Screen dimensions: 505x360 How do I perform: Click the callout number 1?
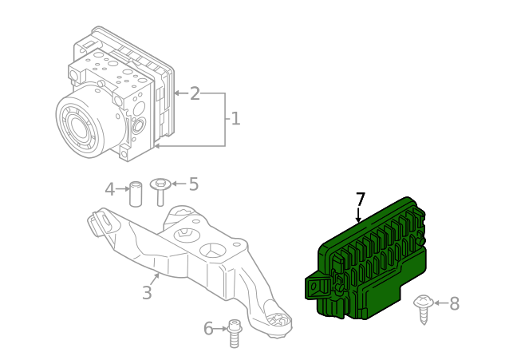(x=236, y=119)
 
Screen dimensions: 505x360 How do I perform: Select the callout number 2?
(x=195, y=93)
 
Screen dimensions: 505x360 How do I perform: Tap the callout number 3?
(x=147, y=293)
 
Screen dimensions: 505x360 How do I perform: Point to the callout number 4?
(x=110, y=189)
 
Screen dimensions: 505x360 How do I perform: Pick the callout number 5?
(x=194, y=184)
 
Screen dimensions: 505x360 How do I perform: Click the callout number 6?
(x=208, y=329)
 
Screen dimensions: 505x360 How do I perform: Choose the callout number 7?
(x=361, y=199)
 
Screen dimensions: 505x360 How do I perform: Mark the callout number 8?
(x=454, y=303)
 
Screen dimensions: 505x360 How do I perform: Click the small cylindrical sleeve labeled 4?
(x=136, y=194)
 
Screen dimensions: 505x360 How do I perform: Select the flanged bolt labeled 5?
(x=160, y=192)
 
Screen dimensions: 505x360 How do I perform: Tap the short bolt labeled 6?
(x=235, y=334)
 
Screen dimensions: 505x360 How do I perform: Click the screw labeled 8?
(x=424, y=309)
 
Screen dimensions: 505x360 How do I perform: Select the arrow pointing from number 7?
(x=358, y=216)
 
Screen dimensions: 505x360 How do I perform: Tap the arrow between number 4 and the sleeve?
(x=122, y=189)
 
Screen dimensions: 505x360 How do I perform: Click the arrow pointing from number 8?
(x=441, y=303)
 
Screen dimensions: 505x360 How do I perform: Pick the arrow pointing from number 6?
(x=221, y=329)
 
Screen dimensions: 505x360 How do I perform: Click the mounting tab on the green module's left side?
(x=317, y=287)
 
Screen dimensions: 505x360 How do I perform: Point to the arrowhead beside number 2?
(x=176, y=93)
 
